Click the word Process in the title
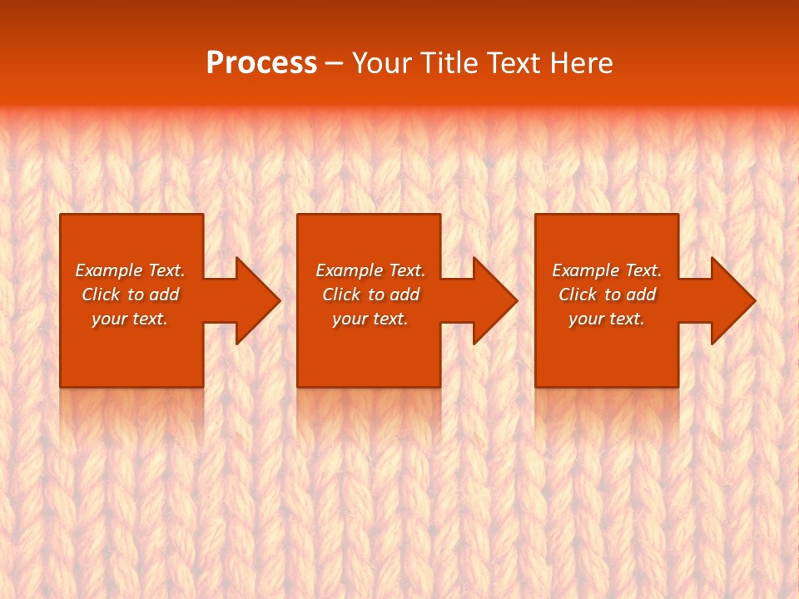pyautogui.click(x=261, y=63)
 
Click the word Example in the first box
pyautogui.click(x=108, y=270)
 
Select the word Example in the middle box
pyautogui.click(x=349, y=270)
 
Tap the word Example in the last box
pyautogui.click(x=585, y=270)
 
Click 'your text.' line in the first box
pyautogui.click(x=130, y=319)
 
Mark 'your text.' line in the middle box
pyautogui.click(x=370, y=319)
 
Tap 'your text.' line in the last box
pyautogui.click(x=607, y=319)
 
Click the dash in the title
pyautogui.click(x=335, y=63)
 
